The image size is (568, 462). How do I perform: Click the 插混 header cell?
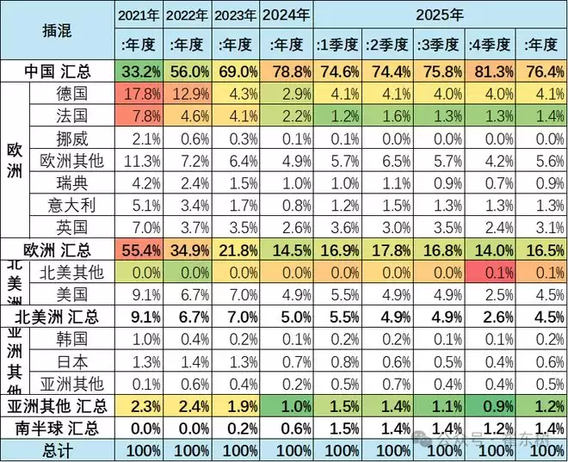[x=58, y=30]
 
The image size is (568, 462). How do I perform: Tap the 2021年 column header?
[x=139, y=15]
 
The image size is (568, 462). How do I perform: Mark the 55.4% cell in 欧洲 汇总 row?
[x=139, y=249]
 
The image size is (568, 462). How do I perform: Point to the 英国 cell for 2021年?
[x=139, y=227]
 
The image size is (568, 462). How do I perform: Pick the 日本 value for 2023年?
[x=236, y=361]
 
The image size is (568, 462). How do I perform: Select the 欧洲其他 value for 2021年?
[x=139, y=160]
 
